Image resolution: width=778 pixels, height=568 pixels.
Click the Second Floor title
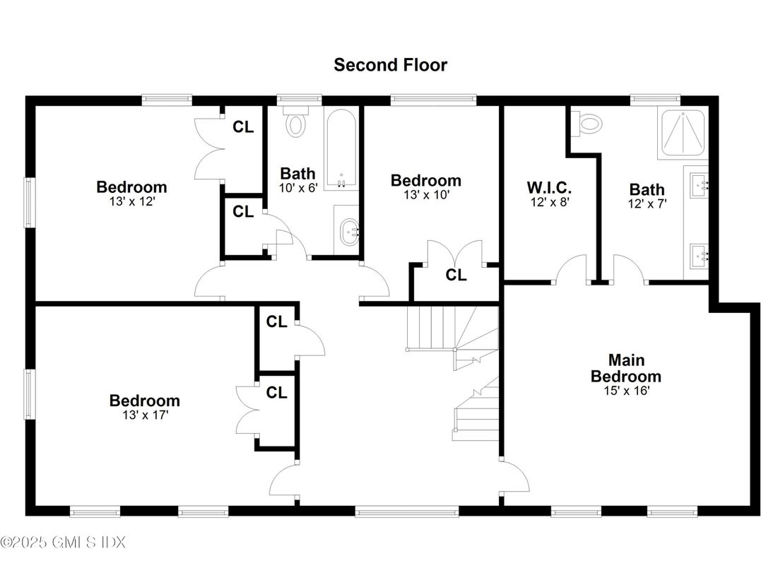tap(391, 65)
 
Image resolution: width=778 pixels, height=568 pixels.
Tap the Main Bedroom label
tap(625, 367)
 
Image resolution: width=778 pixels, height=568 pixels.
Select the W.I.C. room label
tap(549, 187)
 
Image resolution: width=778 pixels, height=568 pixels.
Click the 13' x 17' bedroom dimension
tap(146, 415)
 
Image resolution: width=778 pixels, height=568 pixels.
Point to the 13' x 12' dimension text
tap(132, 201)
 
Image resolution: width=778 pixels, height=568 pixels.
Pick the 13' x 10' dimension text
tap(426, 194)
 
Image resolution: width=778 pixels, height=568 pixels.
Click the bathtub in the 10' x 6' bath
tap(341, 149)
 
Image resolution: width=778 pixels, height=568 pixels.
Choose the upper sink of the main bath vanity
tap(699, 186)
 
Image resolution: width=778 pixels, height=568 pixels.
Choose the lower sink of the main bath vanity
tap(699, 256)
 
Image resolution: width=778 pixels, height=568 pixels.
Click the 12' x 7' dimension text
tap(647, 203)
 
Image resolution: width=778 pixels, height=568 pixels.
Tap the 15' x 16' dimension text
tap(627, 391)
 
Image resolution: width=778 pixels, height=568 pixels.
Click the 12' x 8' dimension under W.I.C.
tap(550, 202)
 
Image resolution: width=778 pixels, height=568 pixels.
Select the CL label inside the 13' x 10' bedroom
tap(456, 275)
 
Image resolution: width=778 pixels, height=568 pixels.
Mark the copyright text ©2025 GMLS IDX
tap(63, 542)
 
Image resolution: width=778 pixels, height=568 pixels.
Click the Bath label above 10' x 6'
tap(297, 174)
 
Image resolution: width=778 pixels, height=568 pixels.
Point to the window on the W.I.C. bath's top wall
tap(649, 100)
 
